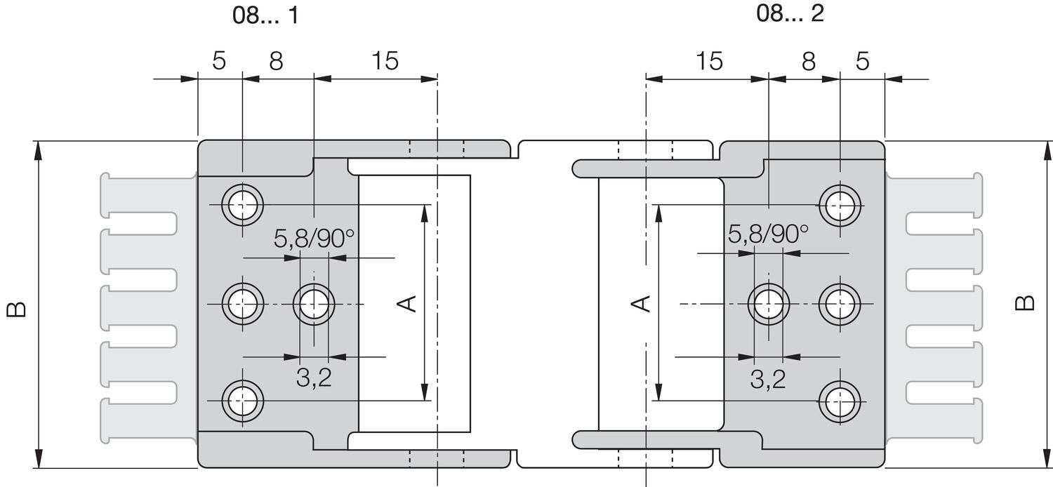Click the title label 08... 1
(x=265, y=16)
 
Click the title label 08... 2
(x=790, y=13)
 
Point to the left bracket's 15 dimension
(x=384, y=61)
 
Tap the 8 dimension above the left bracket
(x=276, y=61)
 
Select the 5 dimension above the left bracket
(x=219, y=61)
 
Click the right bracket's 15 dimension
(x=710, y=61)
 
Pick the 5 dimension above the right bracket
(x=863, y=61)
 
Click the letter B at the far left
(x=17, y=309)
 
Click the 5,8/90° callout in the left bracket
(x=314, y=239)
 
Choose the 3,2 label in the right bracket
(x=767, y=380)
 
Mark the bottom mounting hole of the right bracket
(x=841, y=401)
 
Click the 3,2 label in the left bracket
(x=313, y=379)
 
